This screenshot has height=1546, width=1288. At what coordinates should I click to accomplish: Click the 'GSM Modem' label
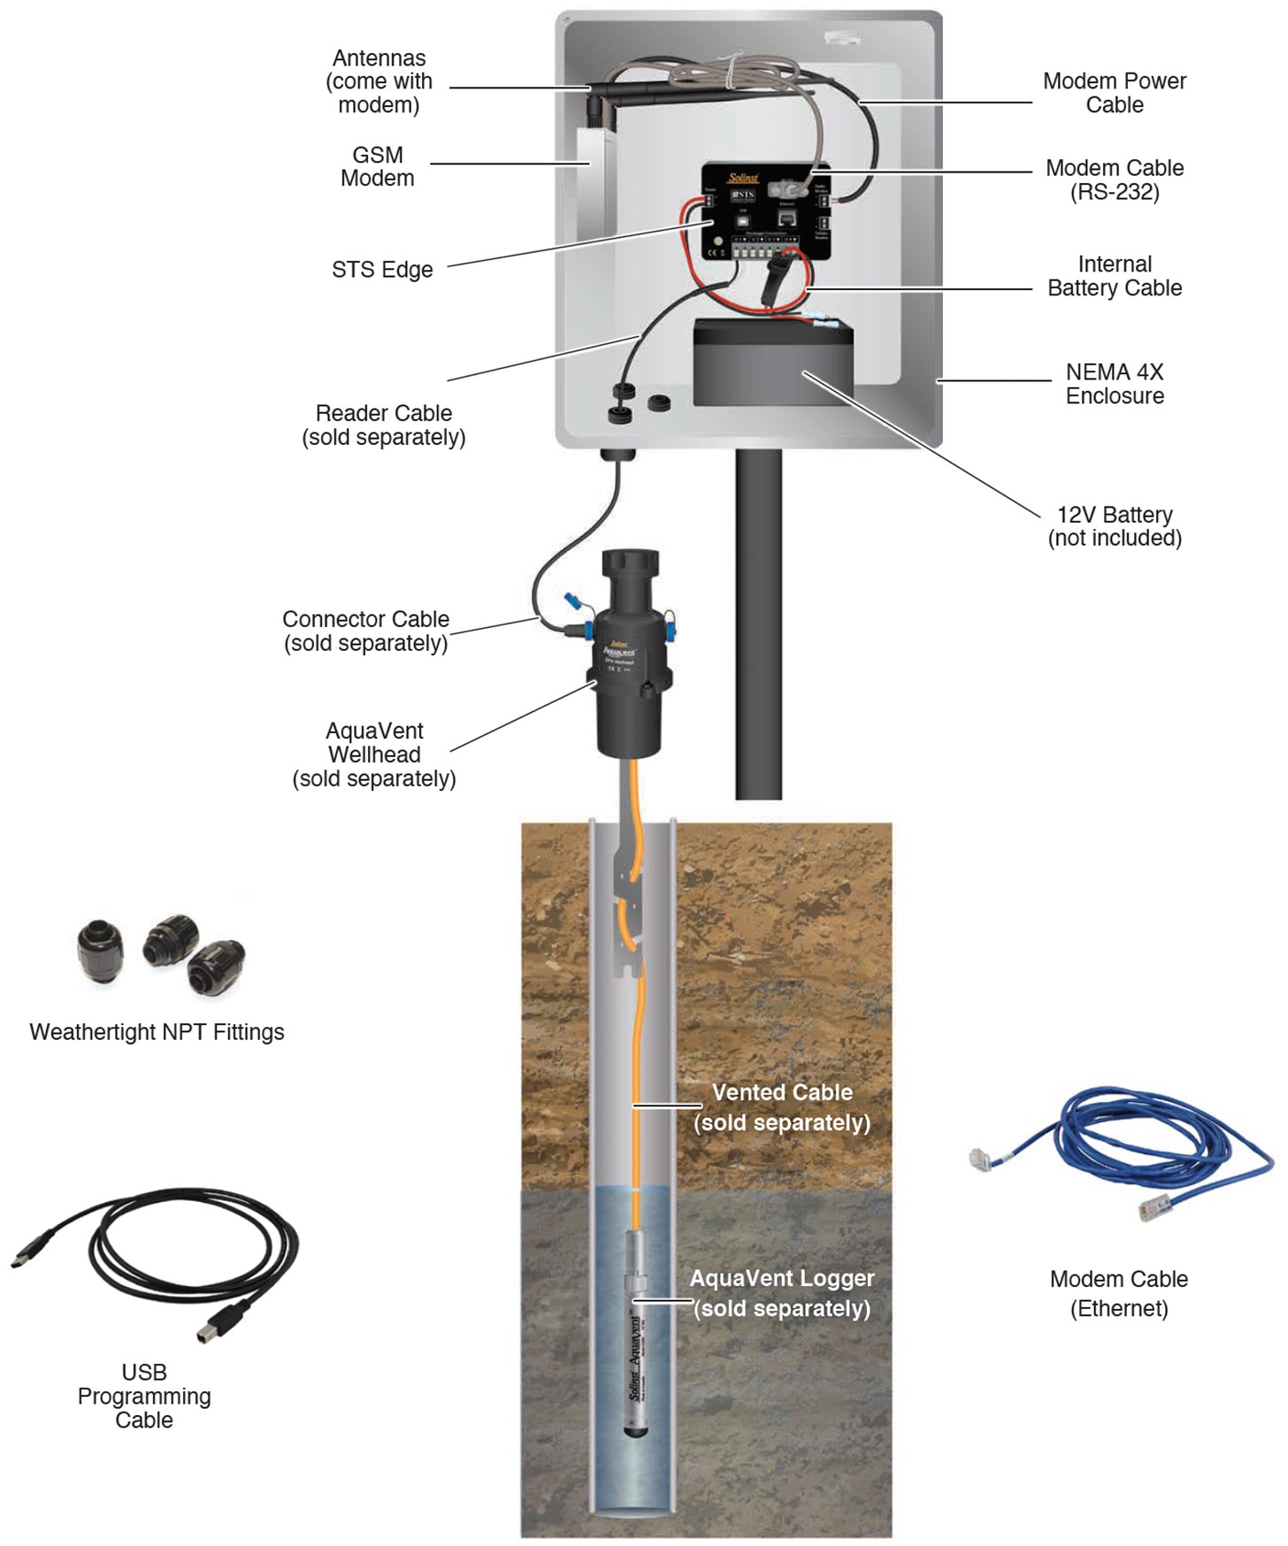click(378, 166)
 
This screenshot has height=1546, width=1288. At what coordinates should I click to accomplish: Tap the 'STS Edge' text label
click(382, 270)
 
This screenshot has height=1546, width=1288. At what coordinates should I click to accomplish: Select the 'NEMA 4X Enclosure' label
click(1115, 384)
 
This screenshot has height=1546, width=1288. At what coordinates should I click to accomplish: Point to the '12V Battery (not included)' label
click(1115, 526)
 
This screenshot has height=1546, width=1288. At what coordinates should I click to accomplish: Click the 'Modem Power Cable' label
click(1115, 93)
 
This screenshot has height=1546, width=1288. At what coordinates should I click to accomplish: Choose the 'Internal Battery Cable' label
click(1115, 276)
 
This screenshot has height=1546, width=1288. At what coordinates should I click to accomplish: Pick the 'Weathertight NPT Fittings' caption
click(157, 1032)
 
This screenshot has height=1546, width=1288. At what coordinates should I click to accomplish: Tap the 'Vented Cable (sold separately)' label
click(782, 1107)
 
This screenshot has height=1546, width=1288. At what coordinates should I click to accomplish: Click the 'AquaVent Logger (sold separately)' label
click(782, 1293)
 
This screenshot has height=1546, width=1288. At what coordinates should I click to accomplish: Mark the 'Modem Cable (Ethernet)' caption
click(1119, 1293)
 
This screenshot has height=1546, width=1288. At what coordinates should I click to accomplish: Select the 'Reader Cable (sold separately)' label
click(384, 425)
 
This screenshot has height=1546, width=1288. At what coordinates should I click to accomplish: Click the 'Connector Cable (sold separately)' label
click(365, 631)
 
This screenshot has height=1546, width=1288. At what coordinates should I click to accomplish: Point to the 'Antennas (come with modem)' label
click(379, 81)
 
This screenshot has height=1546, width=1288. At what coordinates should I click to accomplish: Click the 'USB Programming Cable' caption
click(144, 1396)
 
